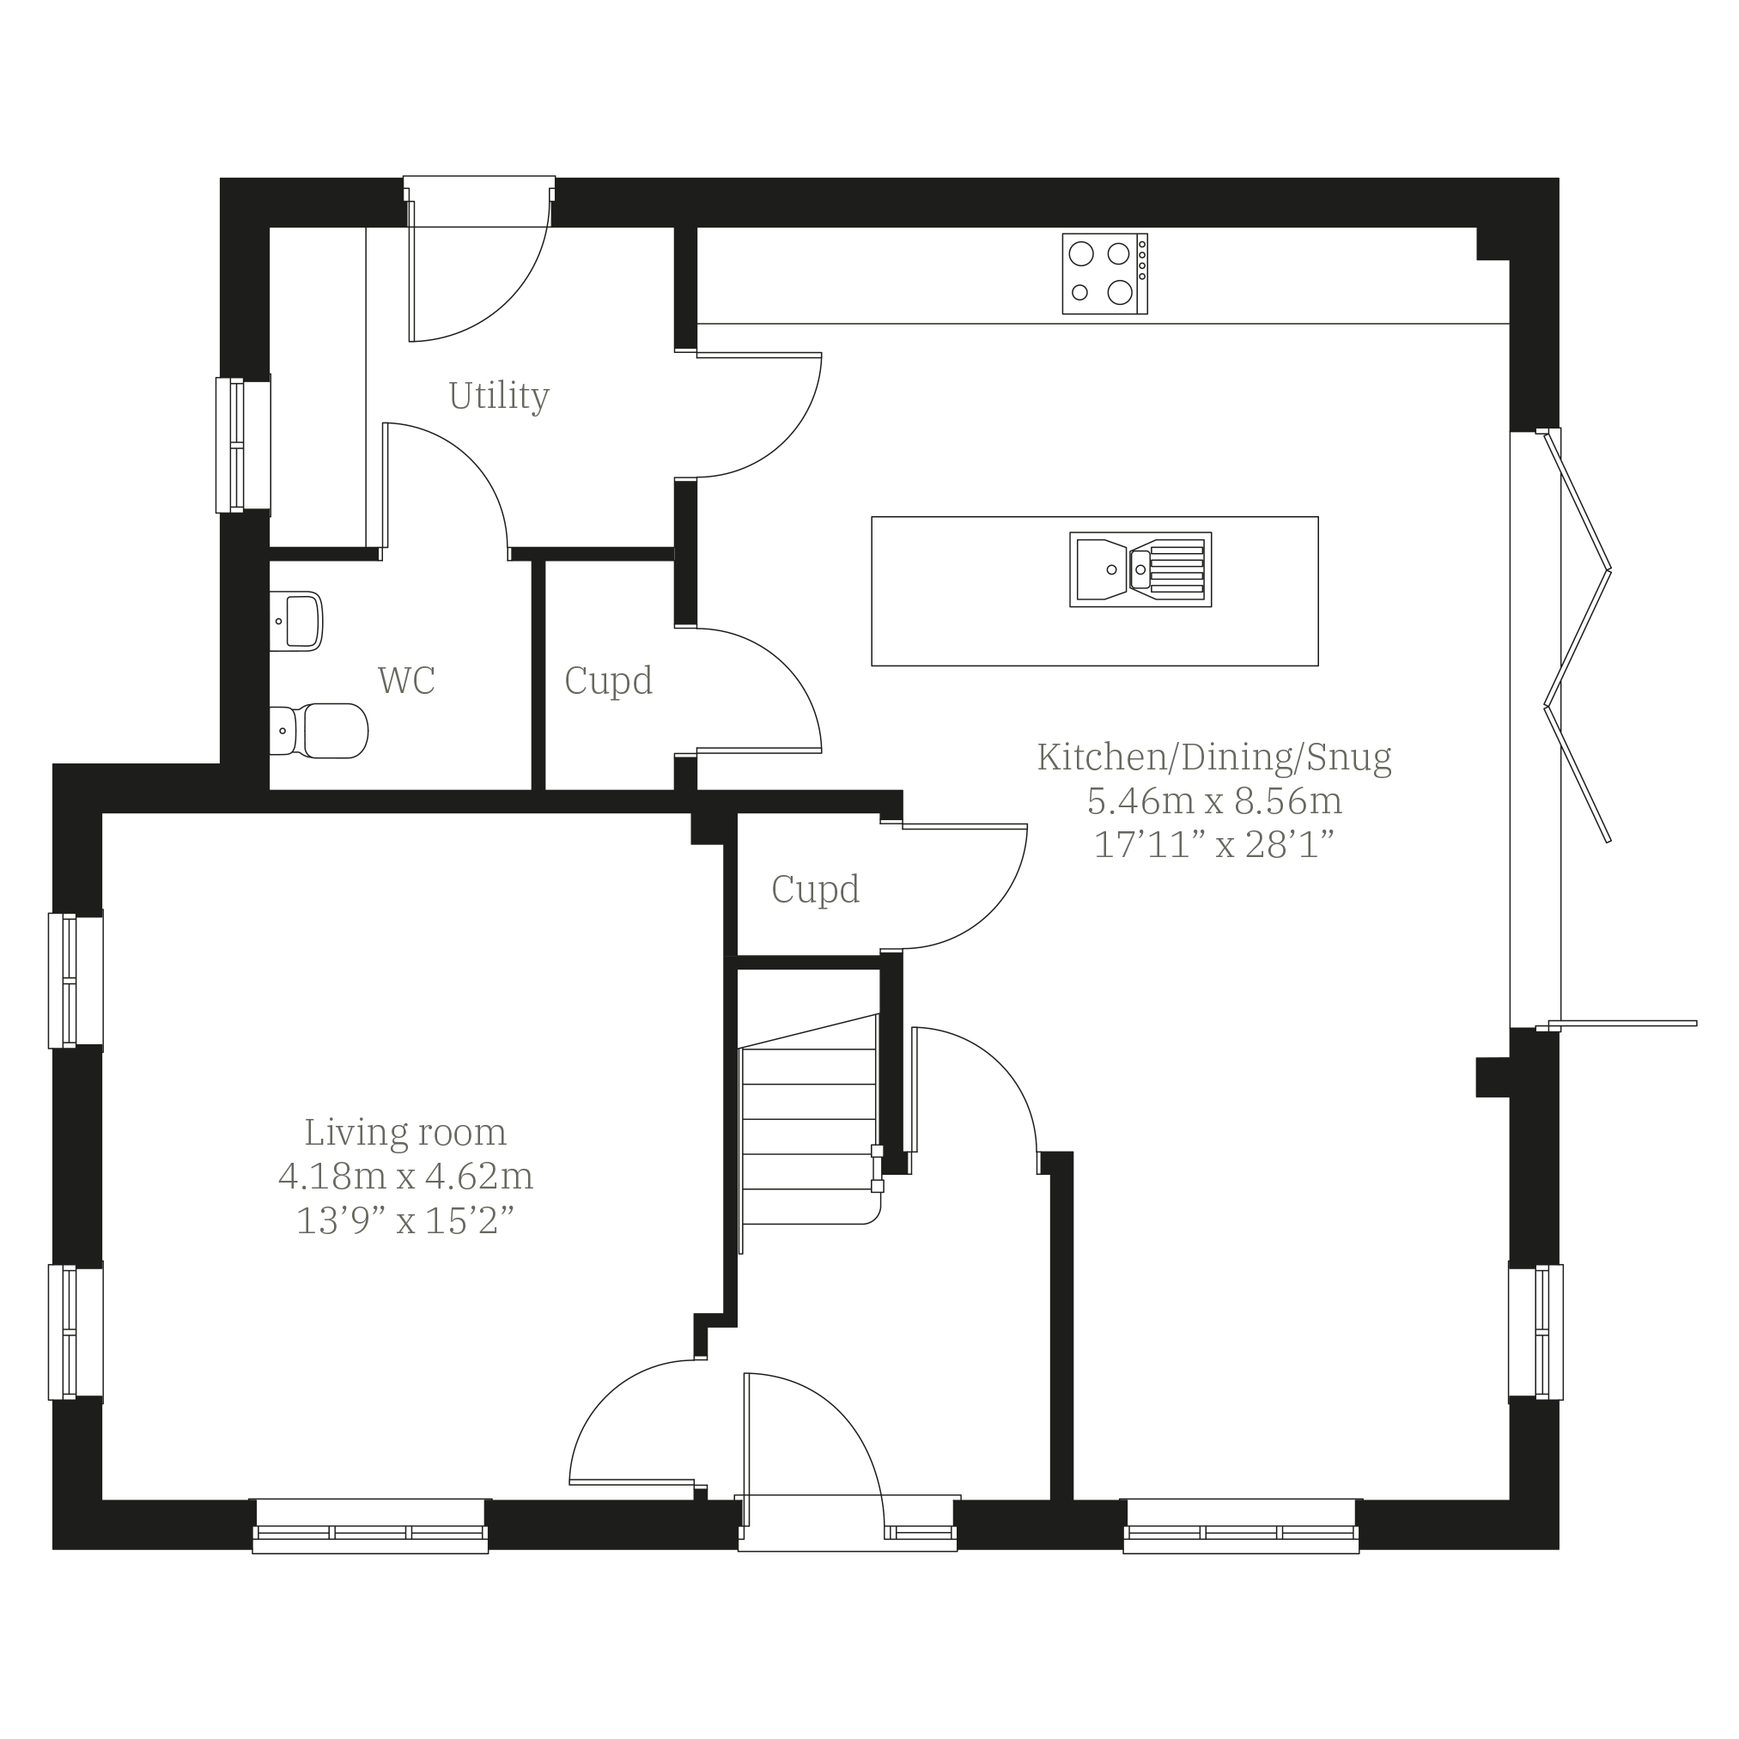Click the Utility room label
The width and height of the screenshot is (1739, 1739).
tap(498, 396)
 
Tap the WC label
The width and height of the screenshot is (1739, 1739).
tap(406, 680)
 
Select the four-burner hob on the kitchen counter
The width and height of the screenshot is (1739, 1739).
tap(1104, 274)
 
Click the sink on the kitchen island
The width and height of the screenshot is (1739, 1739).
tap(1140, 569)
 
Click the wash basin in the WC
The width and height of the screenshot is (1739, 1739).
tap(296, 621)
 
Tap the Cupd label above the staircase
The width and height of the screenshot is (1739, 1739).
tap(815, 890)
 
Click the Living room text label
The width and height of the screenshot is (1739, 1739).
tap(405, 1133)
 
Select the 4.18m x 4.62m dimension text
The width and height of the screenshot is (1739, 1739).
tap(405, 1176)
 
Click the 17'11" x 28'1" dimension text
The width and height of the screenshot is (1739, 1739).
tap(1213, 844)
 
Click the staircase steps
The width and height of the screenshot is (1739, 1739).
tap(808, 1137)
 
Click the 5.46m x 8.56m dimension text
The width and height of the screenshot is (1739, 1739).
tap(1213, 800)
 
